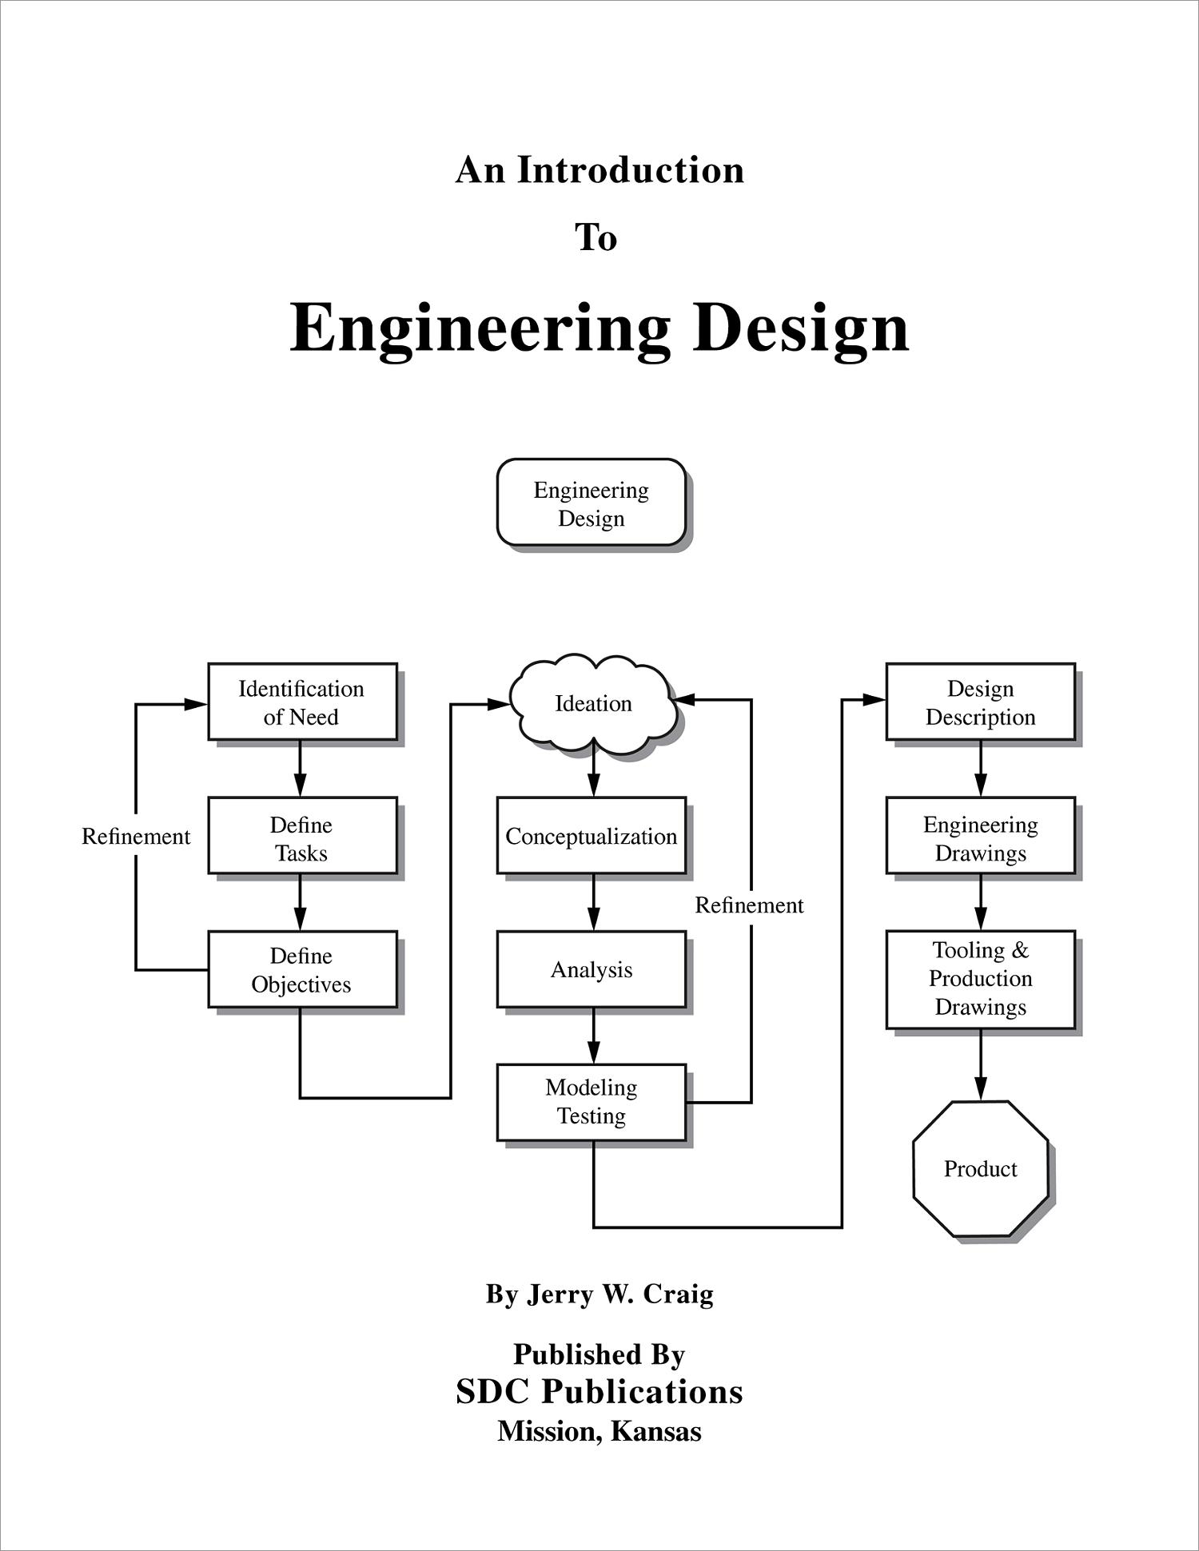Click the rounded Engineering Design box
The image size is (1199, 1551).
click(x=591, y=503)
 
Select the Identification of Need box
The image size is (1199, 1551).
click(x=302, y=702)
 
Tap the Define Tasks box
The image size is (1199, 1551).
click(x=302, y=836)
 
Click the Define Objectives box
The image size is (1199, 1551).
click(x=302, y=968)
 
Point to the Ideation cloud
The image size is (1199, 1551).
click(x=593, y=703)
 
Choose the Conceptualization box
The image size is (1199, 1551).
click(x=591, y=836)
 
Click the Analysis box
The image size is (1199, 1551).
click(x=591, y=968)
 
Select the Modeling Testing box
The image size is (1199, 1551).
click(x=591, y=1102)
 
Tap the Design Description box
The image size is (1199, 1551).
click(x=980, y=702)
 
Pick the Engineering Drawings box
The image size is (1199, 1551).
click(x=980, y=836)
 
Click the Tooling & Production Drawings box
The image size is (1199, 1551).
click(x=980, y=979)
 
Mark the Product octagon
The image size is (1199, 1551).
click(x=980, y=1169)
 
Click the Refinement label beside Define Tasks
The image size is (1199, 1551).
click(x=136, y=837)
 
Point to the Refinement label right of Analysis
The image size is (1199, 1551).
click(x=749, y=905)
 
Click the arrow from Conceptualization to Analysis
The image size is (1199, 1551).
click(x=593, y=903)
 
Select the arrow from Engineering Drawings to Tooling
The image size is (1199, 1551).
click(x=981, y=903)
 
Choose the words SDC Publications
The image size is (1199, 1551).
click(x=599, y=1391)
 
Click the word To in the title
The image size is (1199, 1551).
click(x=596, y=238)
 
